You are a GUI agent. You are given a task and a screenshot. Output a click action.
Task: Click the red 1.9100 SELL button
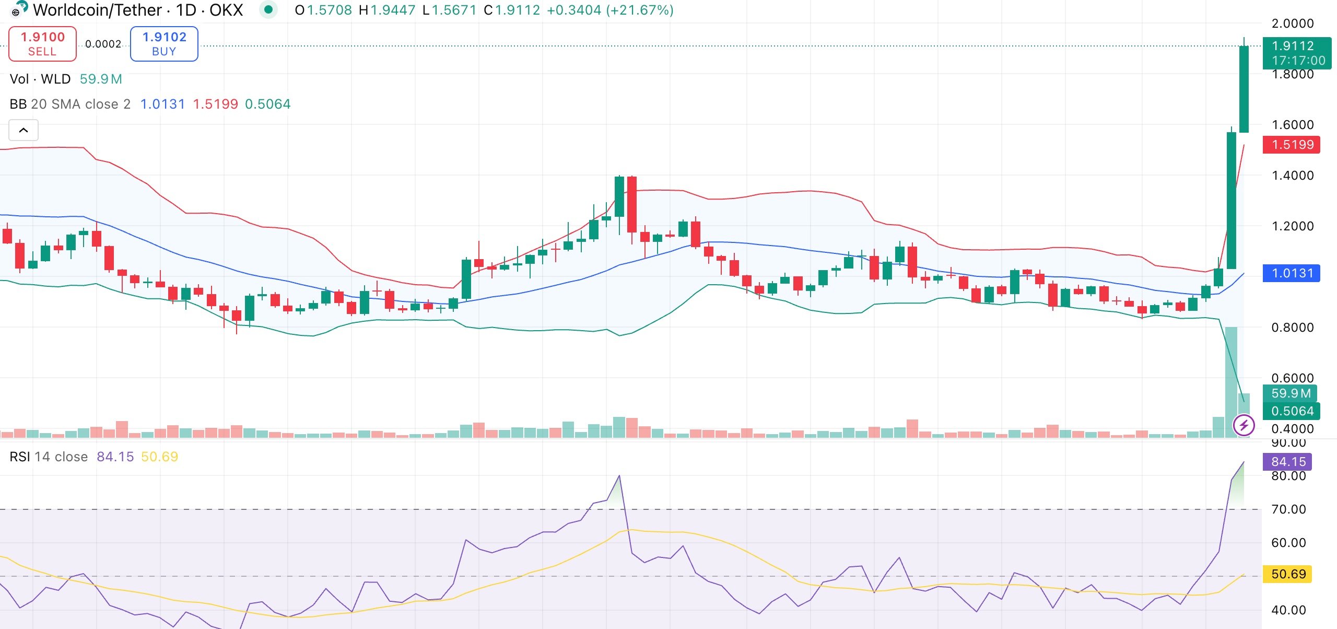click(42, 44)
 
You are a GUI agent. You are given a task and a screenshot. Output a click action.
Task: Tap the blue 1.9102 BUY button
click(164, 44)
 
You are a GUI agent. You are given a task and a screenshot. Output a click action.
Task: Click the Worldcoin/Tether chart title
click(138, 10)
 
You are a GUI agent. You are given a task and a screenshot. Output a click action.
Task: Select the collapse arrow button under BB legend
click(24, 130)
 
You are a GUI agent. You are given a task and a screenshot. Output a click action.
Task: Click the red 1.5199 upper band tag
click(1291, 145)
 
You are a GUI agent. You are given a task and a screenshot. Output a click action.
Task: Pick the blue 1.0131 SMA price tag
click(1291, 273)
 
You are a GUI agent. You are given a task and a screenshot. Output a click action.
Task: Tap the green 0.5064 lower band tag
click(1291, 411)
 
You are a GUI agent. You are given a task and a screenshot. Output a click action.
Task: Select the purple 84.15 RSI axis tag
click(1288, 462)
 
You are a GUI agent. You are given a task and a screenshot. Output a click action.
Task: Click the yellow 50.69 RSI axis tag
click(1288, 574)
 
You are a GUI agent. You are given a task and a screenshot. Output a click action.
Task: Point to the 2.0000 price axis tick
click(1292, 24)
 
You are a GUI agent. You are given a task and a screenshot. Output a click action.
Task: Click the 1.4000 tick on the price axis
click(1292, 176)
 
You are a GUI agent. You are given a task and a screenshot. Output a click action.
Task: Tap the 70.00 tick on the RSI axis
click(1288, 509)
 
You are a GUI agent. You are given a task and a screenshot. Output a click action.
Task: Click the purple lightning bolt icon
click(1244, 425)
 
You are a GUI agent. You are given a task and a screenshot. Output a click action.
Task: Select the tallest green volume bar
click(1231, 381)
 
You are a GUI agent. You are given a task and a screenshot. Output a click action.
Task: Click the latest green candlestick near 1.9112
click(1244, 89)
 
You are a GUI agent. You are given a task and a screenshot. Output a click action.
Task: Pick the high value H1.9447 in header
click(387, 10)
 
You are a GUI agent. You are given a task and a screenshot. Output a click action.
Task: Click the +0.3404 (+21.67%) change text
click(610, 10)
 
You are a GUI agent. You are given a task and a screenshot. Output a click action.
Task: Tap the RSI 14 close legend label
click(49, 457)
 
